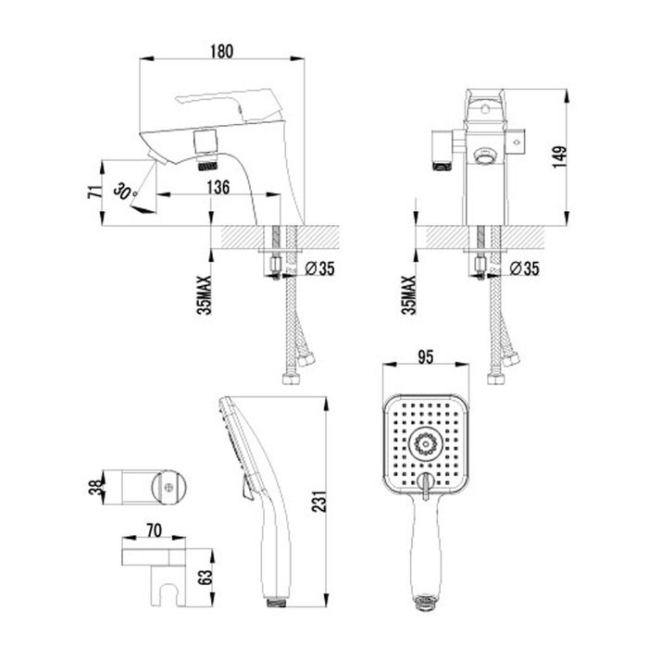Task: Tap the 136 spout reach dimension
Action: [218, 187]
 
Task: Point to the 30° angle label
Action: [125, 190]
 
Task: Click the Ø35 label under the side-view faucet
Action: [318, 269]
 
